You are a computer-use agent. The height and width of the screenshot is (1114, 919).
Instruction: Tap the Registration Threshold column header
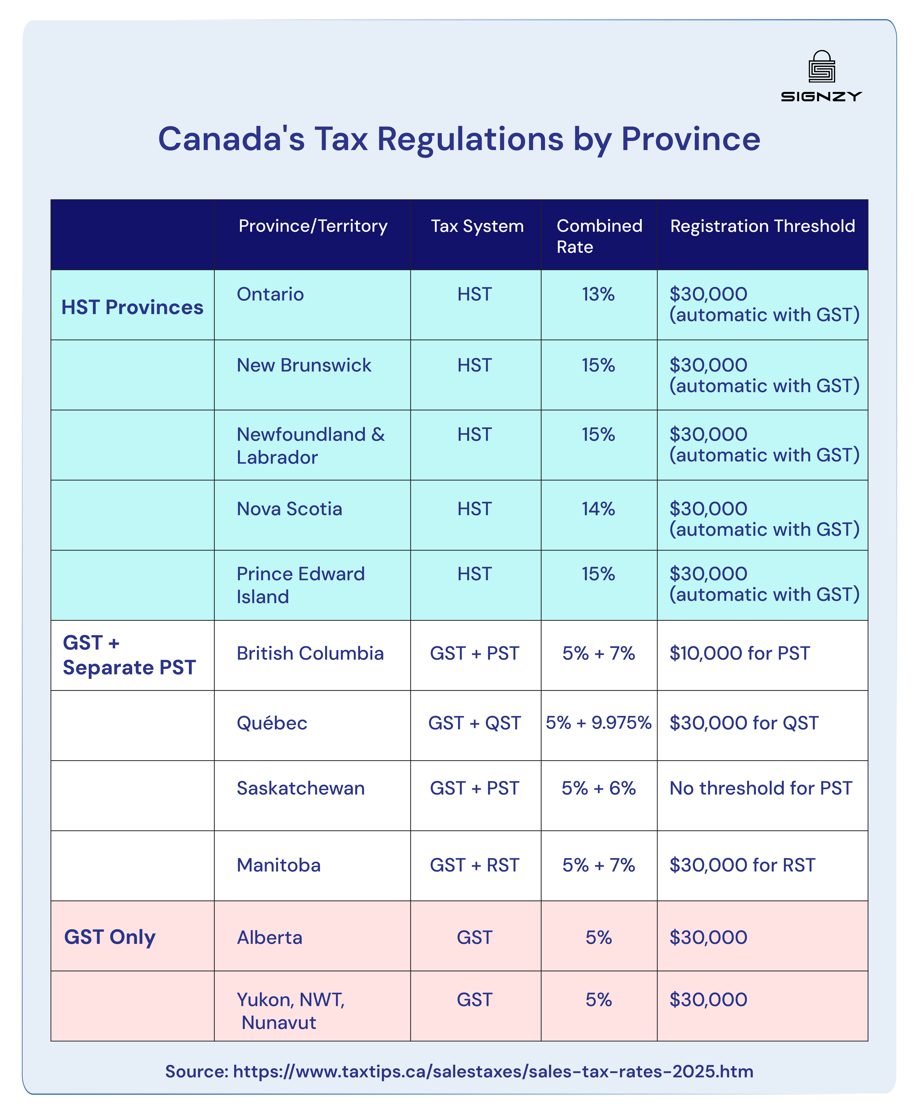pos(762,226)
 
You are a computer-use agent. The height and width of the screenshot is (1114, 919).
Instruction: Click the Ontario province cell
pos(270,295)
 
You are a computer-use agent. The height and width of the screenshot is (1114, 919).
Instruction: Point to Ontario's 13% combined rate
pos(598,295)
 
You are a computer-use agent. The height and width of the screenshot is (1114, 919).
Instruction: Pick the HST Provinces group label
pos(132,307)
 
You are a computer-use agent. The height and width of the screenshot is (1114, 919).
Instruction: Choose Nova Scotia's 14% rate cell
pos(598,509)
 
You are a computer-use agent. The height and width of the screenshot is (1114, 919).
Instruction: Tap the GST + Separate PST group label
pos(129,655)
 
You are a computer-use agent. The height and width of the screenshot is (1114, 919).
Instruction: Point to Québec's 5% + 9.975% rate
pos(598,723)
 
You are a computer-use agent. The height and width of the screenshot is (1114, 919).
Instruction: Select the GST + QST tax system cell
pos(474,723)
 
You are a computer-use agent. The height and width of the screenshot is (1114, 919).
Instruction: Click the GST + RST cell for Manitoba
pos(474,865)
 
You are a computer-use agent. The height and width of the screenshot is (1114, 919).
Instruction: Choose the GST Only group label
pos(110,937)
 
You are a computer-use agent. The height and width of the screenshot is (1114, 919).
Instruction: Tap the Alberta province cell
pos(269,938)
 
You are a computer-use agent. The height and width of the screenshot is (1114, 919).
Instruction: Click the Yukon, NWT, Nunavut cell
pos(291,1011)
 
